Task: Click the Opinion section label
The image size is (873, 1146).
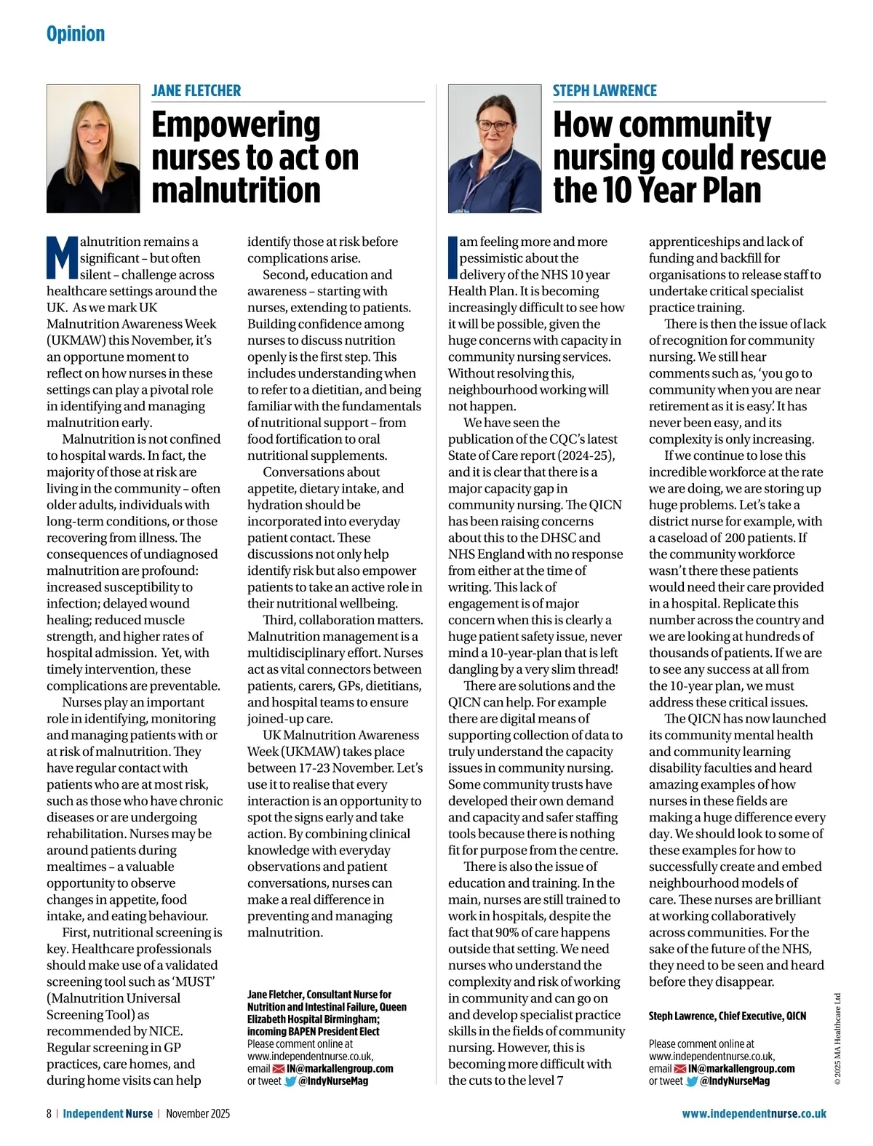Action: click(x=76, y=34)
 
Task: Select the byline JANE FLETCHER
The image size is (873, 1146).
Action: click(x=196, y=91)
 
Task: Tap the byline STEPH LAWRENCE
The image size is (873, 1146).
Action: click(x=604, y=91)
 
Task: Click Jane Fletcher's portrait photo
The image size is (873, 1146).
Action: click(x=93, y=148)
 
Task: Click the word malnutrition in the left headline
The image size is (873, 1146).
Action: click(x=236, y=190)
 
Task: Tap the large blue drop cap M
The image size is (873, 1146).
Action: click(x=63, y=258)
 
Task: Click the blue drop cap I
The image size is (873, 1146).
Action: click(x=453, y=258)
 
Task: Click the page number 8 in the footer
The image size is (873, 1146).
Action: click(x=49, y=1113)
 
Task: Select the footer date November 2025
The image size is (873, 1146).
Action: click(x=198, y=1113)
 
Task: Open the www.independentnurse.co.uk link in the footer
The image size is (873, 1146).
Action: click(x=754, y=1113)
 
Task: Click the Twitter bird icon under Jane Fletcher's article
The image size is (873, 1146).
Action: click(x=290, y=1081)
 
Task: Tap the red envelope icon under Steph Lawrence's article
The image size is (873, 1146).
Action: click(x=680, y=1069)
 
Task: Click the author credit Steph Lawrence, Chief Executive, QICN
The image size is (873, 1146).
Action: click(x=727, y=1016)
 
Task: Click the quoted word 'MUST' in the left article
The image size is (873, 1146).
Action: click(x=193, y=982)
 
